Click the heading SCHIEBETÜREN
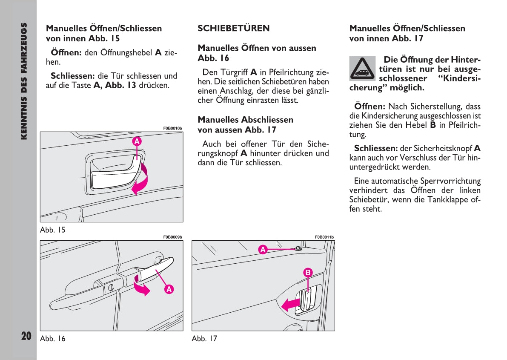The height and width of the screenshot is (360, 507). click(x=233, y=29)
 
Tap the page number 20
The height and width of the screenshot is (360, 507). click(x=26, y=336)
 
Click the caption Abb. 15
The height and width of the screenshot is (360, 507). click(x=52, y=230)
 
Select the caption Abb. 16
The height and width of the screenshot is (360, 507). click(x=52, y=339)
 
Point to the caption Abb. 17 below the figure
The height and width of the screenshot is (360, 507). click(x=204, y=339)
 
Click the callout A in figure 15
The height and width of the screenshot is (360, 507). click(x=137, y=141)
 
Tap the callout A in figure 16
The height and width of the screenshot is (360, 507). click(x=169, y=289)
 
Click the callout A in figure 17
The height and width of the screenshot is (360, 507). click(x=263, y=250)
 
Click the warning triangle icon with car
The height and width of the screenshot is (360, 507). click(x=362, y=69)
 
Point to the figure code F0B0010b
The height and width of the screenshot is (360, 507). click(x=172, y=128)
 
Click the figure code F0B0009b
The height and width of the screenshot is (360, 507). click(x=172, y=237)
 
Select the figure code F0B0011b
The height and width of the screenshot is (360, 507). click(x=324, y=237)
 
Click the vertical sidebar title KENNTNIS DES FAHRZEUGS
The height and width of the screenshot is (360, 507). click(x=24, y=81)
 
